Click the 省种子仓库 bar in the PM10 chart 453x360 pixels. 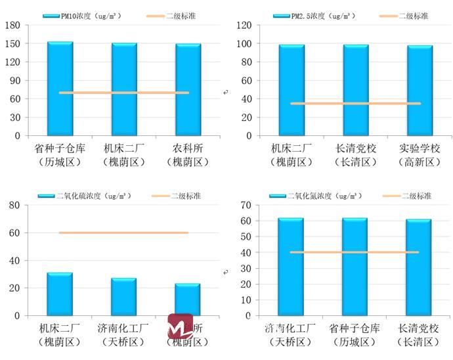(x=60, y=89)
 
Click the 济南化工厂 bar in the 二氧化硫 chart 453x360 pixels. (x=123, y=297)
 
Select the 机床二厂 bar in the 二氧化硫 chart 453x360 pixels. (x=59, y=294)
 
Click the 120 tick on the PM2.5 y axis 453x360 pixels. (x=244, y=25)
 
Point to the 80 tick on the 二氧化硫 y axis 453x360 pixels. (x=14, y=205)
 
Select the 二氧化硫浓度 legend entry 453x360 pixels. (x=85, y=196)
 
